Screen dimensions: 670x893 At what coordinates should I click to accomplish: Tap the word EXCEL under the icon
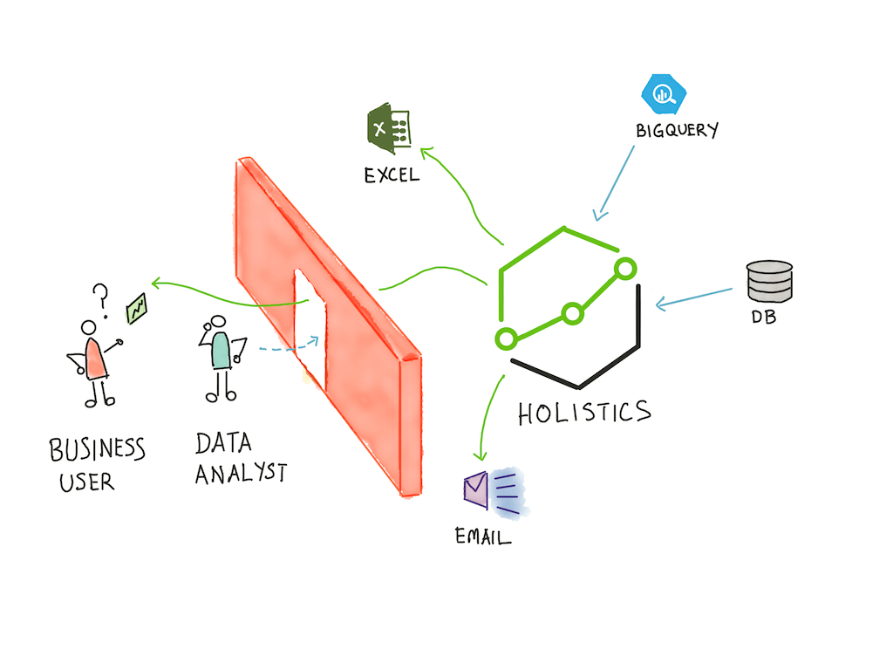(x=392, y=174)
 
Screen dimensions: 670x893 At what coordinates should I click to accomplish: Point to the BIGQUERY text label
(x=677, y=131)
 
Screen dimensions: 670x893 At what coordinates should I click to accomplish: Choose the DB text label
(x=763, y=318)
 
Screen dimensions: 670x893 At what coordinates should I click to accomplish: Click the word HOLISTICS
(x=584, y=412)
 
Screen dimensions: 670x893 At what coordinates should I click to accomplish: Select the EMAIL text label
(x=483, y=536)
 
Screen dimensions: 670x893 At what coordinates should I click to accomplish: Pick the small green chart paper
(x=137, y=308)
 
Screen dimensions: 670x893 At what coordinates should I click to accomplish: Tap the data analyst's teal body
(x=219, y=350)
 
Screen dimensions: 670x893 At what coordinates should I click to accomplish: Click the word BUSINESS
(x=97, y=450)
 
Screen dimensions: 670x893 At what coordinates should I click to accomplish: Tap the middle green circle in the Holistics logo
(x=571, y=313)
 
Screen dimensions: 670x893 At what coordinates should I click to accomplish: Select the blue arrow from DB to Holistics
(x=694, y=297)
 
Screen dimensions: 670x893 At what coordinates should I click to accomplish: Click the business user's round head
(x=88, y=327)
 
